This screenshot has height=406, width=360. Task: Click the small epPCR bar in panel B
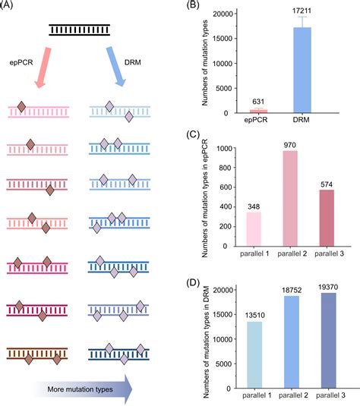[x=258, y=111]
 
